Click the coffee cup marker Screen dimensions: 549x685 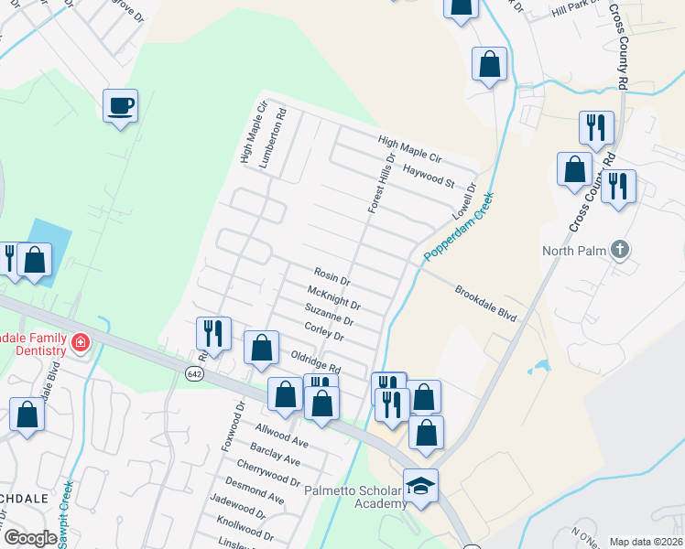[x=120, y=106]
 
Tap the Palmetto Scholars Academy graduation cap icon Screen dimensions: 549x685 [x=420, y=485]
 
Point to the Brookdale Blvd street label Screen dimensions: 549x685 [x=486, y=303]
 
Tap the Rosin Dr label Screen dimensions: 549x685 [x=332, y=276]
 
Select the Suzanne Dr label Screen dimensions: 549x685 [x=329, y=314]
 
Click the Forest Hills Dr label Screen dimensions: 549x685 [x=380, y=183]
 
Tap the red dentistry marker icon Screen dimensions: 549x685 [x=81, y=343]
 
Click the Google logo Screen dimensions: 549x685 [x=31, y=538]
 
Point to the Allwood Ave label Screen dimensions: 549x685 [x=282, y=434]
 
